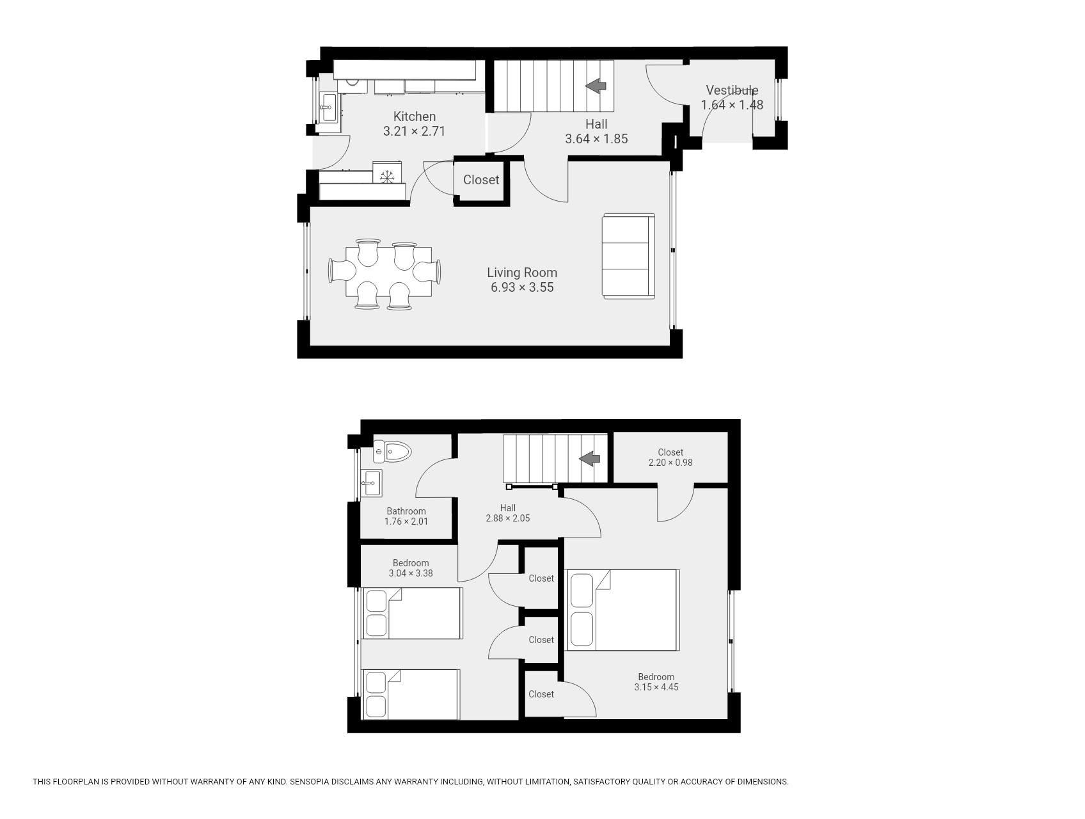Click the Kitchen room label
coord(415,116)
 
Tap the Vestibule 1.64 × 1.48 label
coord(733,98)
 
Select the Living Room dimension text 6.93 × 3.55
coord(522,287)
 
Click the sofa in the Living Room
coord(629,256)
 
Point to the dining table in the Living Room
coord(388,271)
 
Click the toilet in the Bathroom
coord(392,452)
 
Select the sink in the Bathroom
coord(371,483)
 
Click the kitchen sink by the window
coord(329,107)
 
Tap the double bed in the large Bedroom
coord(623,610)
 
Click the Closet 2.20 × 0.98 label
coord(670,457)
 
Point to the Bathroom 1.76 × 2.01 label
coord(406,516)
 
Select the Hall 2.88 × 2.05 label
coord(508,513)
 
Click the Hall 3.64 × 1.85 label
coord(596,131)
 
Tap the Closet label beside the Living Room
coord(481,180)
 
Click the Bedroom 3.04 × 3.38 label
coord(411,568)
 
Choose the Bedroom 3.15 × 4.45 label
coord(656,682)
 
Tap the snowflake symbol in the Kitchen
coord(387,176)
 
